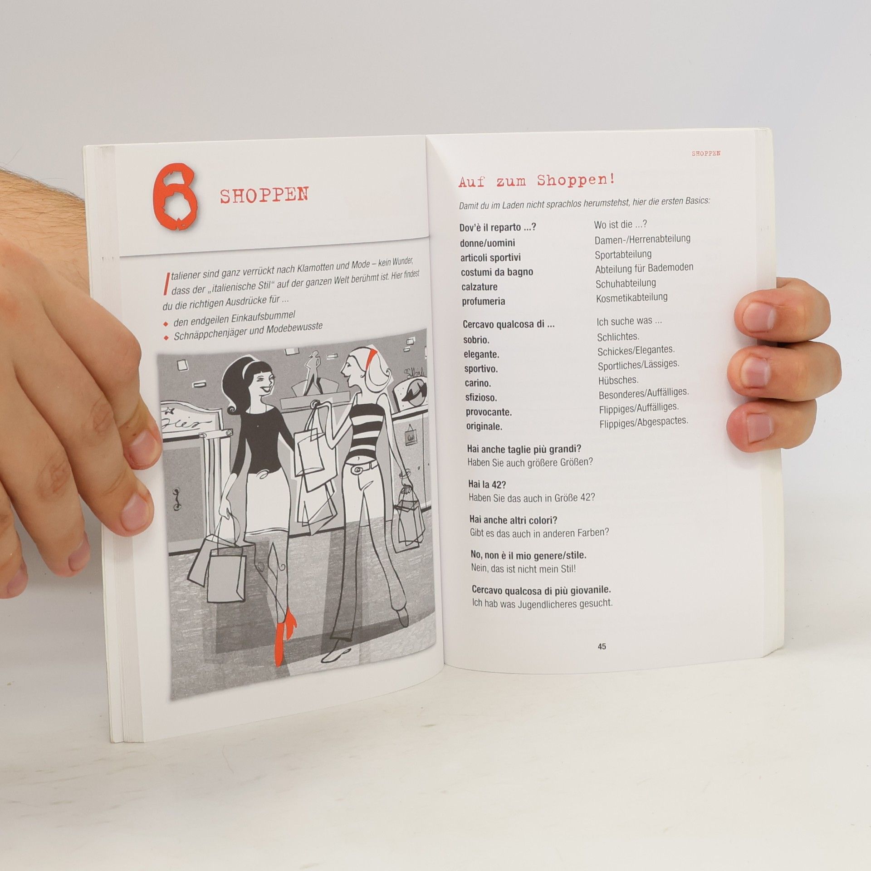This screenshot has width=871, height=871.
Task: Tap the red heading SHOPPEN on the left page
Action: pyautogui.click(x=264, y=195)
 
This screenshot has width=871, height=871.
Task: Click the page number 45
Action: pyautogui.click(x=602, y=647)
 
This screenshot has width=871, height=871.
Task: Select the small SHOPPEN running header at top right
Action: pyautogui.click(x=706, y=153)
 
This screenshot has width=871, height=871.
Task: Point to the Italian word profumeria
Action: pyautogui.click(x=483, y=302)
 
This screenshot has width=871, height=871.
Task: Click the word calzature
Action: pyautogui.click(x=480, y=287)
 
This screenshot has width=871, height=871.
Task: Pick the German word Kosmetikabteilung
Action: pyautogui.click(x=631, y=298)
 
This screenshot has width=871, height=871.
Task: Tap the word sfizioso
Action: pyautogui.click(x=481, y=398)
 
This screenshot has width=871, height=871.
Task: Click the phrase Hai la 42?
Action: pyautogui.click(x=488, y=484)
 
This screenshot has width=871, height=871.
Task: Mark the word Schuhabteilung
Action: pyautogui.click(x=626, y=284)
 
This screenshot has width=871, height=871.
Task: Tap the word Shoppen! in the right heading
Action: pyautogui.click(x=576, y=180)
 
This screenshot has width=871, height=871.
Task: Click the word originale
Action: pyautogui.click(x=484, y=427)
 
